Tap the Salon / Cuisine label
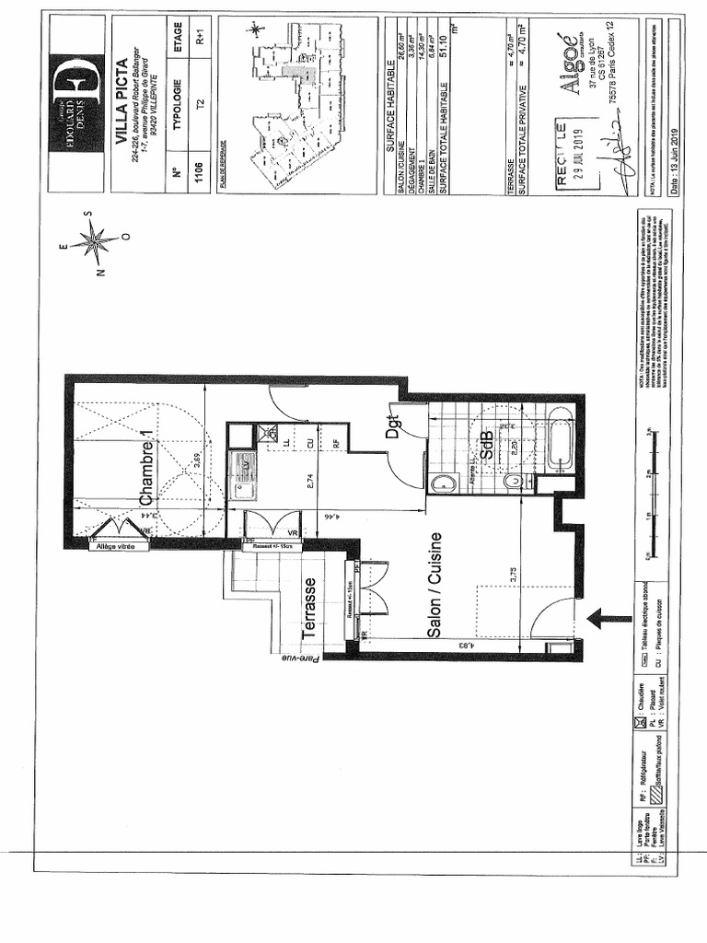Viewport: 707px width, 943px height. [x=435, y=586]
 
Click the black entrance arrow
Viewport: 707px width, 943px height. [x=604, y=618]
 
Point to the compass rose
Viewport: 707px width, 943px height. [x=93, y=241]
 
